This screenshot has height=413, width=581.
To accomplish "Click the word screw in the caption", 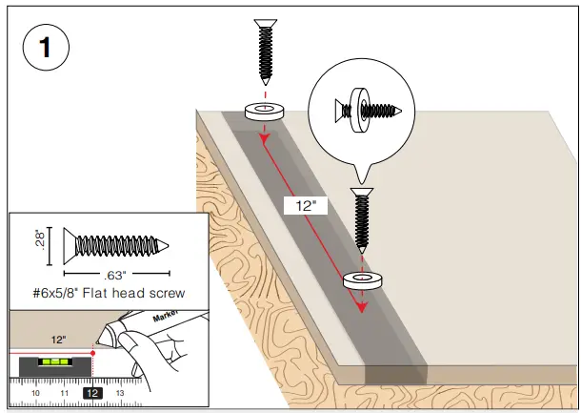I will coord(163,293).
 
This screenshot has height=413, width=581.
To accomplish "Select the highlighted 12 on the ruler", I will coord(92,392).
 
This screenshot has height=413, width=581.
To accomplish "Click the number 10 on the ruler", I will coord(35,392).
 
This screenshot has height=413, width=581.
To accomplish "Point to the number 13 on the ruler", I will coord(120,392).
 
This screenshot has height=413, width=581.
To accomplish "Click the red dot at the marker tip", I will coord(92,352).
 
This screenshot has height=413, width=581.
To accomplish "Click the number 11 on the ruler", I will coord(64,392).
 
